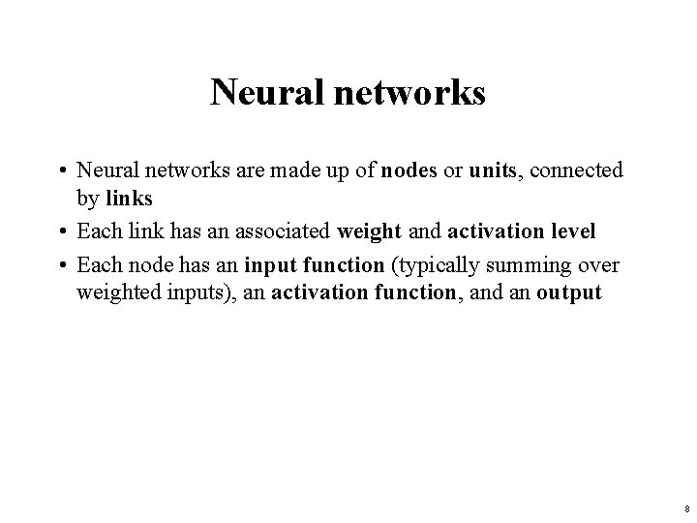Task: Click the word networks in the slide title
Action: click(x=407, y=93)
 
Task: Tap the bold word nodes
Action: click(x=409, y=171)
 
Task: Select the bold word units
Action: click(x=494, y=171)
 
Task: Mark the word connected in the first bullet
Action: click(x=578, y=171)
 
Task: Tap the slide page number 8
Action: click(x=685, y=508)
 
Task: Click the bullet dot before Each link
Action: click(x=60, y=233)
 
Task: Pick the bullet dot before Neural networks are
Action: click(x=60, y=172)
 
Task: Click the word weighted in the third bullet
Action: click(x=115, y=293)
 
